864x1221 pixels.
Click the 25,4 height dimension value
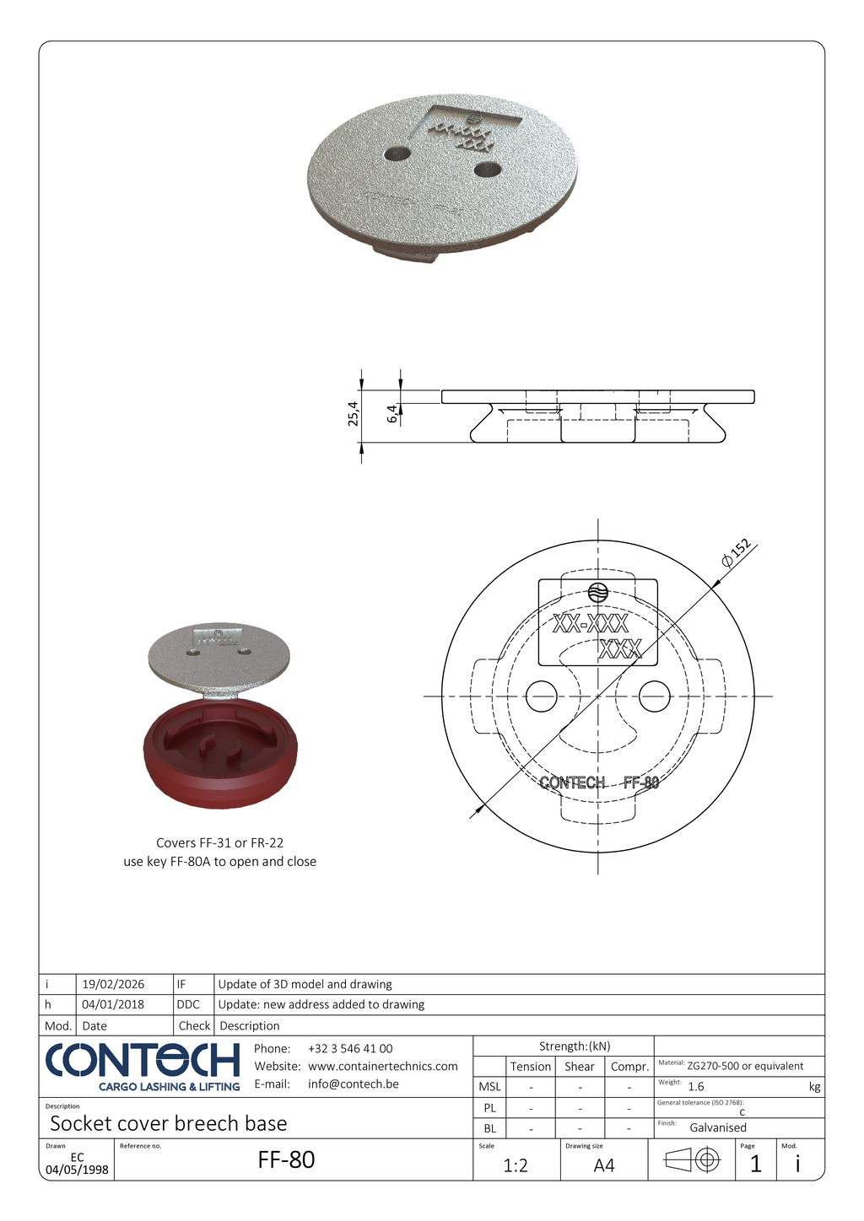(354, 414)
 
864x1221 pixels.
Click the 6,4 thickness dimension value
(392, 414)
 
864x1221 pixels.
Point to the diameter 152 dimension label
(736, 553)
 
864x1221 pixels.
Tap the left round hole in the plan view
(542, 697)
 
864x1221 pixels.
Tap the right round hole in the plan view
(655, 697)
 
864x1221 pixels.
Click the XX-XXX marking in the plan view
(591, 625)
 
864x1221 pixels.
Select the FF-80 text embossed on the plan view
(641, 783)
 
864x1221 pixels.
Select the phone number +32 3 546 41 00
(350, 1049)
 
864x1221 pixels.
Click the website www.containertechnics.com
(383, 1067)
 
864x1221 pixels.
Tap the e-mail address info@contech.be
(354, 1084)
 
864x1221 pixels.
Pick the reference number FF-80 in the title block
(286, 1160)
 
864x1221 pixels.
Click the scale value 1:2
(516, 1165)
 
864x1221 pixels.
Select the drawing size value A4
(604, 1165)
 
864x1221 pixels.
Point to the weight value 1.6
(696, 1087)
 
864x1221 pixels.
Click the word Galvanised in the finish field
(718, 1127)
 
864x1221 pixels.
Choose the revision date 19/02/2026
(113, 984)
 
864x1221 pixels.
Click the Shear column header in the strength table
(580, 1067)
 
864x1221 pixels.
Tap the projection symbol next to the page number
(692, 1160)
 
